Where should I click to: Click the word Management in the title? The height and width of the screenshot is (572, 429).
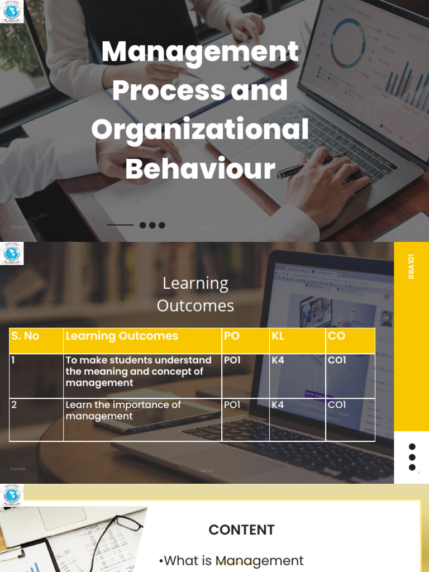(200, 53)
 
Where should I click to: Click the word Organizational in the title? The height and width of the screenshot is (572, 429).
(200, 130)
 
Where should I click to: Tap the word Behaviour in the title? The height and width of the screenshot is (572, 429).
(200, 169)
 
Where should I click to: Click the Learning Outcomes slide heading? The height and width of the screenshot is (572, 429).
(196, 294)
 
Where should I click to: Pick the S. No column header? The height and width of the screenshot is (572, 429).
(26, 336)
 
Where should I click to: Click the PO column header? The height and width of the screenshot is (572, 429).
(231, 336)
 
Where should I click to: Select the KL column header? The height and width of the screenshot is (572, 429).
(278, 336)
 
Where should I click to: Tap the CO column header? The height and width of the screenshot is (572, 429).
(336, 336)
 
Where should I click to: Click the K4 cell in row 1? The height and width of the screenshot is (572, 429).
(278, 360)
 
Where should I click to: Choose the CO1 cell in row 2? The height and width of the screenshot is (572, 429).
(337, 404)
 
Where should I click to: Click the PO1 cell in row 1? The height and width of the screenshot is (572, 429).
(232, 360)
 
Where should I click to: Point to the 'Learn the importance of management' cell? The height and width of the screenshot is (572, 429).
(123, 411)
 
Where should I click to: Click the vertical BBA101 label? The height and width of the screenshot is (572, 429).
(411, 266)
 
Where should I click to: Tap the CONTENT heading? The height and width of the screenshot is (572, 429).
(241, 530)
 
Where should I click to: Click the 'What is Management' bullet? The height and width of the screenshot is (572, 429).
(231, 560)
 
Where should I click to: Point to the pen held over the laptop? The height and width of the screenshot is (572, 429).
(313, 166)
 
